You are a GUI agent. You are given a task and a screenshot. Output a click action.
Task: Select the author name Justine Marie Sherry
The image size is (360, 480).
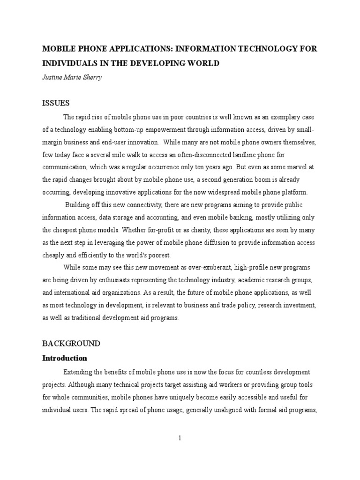pos(71,78)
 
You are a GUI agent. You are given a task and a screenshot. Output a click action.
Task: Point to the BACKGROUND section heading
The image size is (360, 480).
pos(71,343)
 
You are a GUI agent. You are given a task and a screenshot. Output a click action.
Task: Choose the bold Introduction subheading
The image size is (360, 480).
pos(65,358)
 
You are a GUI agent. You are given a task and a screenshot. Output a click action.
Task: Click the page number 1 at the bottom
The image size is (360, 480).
pos(180,438)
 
